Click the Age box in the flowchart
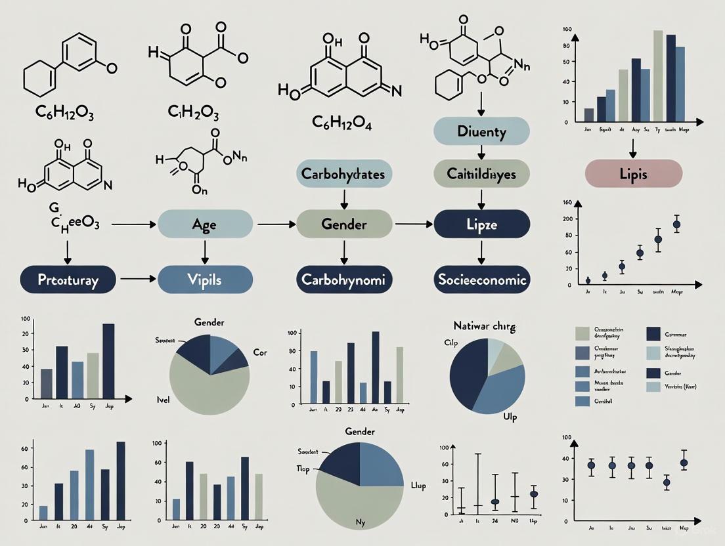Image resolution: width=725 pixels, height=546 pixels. click(205, 224)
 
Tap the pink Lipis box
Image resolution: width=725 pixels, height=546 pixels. click(633, 175)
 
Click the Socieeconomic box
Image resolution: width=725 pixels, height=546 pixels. click(481, 280)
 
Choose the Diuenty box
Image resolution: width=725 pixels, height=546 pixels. click(481, 131)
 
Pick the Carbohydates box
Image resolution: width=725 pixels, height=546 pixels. click(343, 174)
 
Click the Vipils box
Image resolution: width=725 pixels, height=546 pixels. click(205, 280)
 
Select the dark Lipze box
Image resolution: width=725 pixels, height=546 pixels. click(481, 224)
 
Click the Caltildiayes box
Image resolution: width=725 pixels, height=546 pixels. click(481, 174)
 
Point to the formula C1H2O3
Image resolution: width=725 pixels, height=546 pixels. click(193, 112)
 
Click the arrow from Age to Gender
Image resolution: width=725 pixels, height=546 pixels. click(275, 224)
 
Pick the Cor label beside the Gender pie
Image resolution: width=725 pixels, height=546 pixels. click(259, 352)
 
